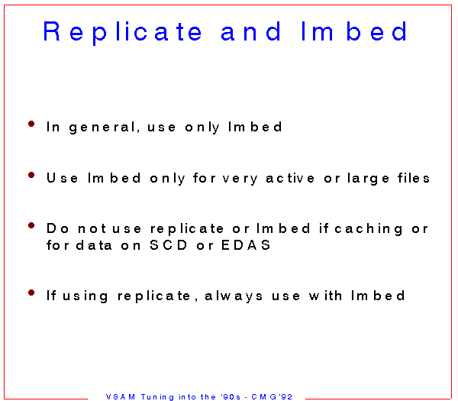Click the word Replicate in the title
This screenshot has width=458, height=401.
point(122,32)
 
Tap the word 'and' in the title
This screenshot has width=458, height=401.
point(251,31)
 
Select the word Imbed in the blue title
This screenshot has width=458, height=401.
point(354,31)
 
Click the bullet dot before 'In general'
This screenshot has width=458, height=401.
point(31,124)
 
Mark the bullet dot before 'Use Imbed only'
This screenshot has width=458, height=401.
point(31,175)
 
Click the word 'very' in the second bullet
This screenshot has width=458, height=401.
point(240,179)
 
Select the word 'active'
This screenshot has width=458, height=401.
point(290,178)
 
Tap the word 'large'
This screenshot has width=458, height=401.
point(369,178)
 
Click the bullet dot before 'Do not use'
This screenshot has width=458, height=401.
point(31,225)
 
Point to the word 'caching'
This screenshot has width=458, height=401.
point(369,229)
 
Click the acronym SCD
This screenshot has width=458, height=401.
point(168,245)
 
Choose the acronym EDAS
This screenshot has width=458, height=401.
point(246,245)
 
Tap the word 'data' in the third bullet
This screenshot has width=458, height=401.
point(94,245)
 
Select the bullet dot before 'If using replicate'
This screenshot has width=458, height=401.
point(31,293)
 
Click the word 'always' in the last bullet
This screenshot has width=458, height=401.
point(234,296)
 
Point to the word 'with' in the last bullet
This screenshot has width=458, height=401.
point(325,296)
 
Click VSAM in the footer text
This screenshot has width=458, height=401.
point(121,396)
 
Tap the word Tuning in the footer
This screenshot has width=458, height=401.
point(157,397)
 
